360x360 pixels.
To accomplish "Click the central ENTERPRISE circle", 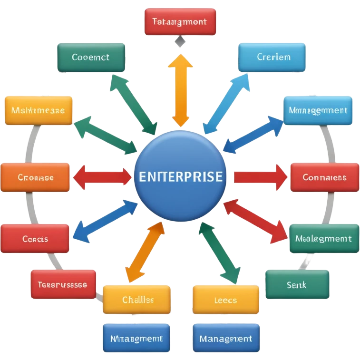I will click(x=179, y=176).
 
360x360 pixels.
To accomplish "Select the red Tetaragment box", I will click(x=180, y=22).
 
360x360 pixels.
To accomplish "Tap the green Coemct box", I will click(x=90, y=58).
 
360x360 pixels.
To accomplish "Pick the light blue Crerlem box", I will click(x=272, y=58).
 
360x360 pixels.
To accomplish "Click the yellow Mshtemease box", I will click(x=39, y=110).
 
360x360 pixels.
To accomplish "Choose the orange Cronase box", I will click(x=36, y=177).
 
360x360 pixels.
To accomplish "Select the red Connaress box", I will click(x=324, y=177).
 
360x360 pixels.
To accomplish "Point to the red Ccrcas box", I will click(x=35, y=239).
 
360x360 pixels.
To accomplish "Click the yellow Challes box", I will click(x=137, y=300).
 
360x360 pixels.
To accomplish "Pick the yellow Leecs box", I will click(x=226, y=300).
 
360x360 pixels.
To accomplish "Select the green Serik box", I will click(x=297, y=284).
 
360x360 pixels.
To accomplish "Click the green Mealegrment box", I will click(x=323, y=239).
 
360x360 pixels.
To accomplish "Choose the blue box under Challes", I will click(x=137, y=338).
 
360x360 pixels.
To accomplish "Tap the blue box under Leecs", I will click(x=226, y=338).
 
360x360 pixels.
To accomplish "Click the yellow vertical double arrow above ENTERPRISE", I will click(x=180, y=90).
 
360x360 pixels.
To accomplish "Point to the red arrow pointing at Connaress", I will click(x=259, y=177).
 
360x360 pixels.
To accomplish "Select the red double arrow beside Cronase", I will click(x=102, y=175).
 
